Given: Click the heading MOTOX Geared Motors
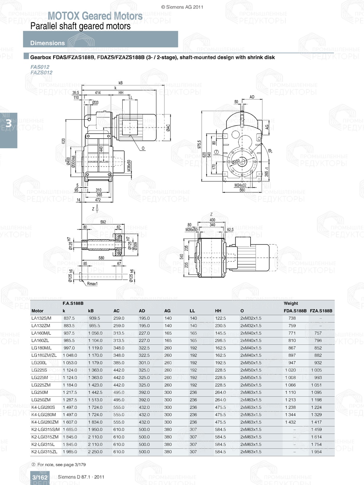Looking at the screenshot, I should [x=95, y=16].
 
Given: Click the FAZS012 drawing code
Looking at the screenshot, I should [x=41, y=72].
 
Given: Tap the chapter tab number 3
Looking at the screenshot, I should [x=8, y=124].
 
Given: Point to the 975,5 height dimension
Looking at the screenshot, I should [x=199, y=144].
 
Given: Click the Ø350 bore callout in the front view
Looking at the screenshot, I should [x=236, y=161].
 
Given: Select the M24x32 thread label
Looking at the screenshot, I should [x=240, y=185].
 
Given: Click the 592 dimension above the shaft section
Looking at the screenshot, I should [x=103, y=222].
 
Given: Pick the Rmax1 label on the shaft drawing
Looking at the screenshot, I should [x=92, y=284].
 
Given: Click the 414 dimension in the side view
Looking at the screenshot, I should [x=98, y=93].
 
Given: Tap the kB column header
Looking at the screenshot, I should [x=91, y=311].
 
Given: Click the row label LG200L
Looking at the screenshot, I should [x=39, y=363].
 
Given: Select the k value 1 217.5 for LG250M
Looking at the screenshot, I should [x=70, y=393].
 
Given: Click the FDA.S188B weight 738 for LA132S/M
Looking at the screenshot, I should [x=292, y=318].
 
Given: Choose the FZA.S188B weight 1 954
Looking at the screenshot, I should [x=316, y=452].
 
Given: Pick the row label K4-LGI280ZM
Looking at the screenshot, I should [x=45, y=422].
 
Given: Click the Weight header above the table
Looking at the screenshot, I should [x=291, y=303].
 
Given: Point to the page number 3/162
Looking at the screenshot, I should [x=40, y=477].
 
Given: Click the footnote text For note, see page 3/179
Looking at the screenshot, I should [x=62, y=465].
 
